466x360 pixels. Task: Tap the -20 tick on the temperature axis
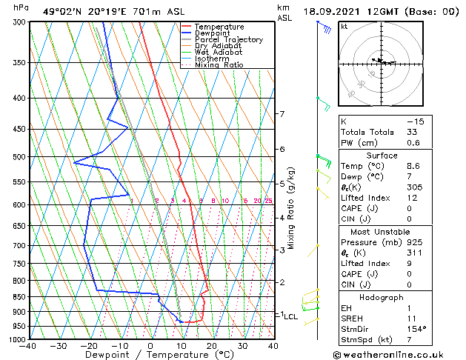89,346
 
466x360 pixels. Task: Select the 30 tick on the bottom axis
242,346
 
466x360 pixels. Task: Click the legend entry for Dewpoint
212,33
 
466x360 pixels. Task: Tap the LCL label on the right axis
290,316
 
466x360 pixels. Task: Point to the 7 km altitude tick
282,114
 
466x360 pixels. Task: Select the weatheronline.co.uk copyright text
396,354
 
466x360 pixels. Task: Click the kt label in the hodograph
344,27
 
